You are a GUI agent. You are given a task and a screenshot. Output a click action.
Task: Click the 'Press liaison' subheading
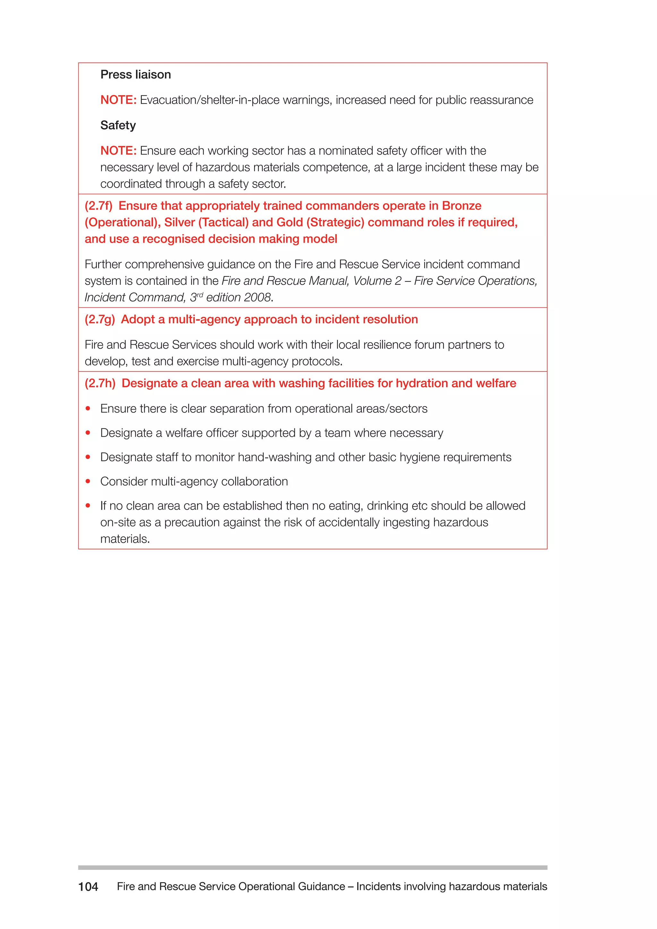(x=135, y=75)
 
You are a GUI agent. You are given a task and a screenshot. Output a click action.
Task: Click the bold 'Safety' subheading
(x=118, y=125)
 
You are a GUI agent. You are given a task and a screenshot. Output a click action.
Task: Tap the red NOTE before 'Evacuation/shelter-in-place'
(x=118, y=100)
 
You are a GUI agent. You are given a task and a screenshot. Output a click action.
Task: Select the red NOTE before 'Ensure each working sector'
(x=118, y=150)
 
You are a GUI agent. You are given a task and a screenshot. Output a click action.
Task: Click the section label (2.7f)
(x=98, y=206)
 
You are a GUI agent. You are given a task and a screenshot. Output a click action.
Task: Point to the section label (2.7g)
(x=99, y=320)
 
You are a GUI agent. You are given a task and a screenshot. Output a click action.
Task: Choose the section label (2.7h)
(x=100, y=384)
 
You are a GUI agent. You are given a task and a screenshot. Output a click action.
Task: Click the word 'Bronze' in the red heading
(x=461, y=206)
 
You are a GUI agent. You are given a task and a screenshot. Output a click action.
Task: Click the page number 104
(x=88, y=887)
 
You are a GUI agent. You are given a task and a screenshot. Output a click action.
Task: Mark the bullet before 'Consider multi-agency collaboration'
(x=88, y=482)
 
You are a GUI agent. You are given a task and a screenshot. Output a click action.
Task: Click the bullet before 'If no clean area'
(x=88, y=506)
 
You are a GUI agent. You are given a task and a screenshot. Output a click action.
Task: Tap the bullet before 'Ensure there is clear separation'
(x=88, y=409)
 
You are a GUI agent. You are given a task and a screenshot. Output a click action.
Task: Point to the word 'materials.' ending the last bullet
(x=125, y=539)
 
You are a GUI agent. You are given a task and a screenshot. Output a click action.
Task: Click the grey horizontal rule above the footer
(x=312, y=867)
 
